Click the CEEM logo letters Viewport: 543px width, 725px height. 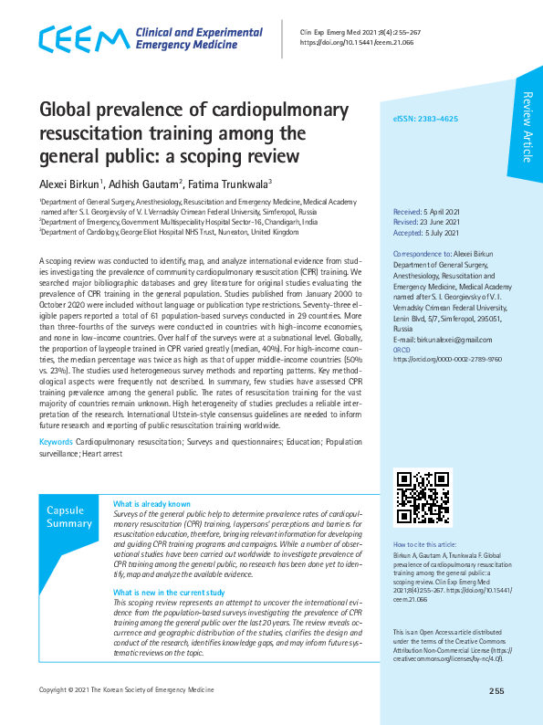tap(82, 39)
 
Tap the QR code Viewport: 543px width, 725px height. tap(421, 496)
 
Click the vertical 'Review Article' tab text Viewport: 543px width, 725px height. tap(527, 128)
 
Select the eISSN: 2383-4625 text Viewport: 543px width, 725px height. tap(425, 120)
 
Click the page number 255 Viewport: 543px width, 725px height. tap(496, 691)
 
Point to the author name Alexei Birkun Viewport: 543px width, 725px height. tap(69, 184)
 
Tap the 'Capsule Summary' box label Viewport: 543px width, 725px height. tap(69, 517)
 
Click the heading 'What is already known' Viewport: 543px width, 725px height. tap(151, 504)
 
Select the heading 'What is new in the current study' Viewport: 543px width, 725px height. tap(168, 592)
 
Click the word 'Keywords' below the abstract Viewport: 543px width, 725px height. tap(56, 442)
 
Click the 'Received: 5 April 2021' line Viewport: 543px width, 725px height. tap(425, 211)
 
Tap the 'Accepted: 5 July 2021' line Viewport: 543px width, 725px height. tap(425, 232)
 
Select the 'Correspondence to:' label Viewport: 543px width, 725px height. tap(423, 253)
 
